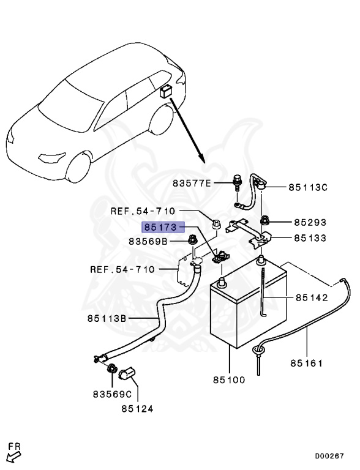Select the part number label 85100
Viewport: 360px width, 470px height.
pyautogui.click(x=228, y=379)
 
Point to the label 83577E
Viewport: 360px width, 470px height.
pyautogui.click(x=191, y=183)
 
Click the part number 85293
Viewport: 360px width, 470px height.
pyautogui.click(x=309, y=223)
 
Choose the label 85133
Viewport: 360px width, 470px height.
pyautogui.click(x=309, y=238)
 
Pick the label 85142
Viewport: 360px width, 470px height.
pyautogui.click(x=312, y=298)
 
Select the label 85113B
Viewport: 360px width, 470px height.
pyautogui.click(x=107, y=318)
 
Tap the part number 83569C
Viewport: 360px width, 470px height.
pyautogui.click(x=112, y=394)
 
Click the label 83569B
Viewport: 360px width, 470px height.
pyautogui.click(x=148, y=242)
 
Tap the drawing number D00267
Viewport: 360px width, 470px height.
pyautogui.click(x=330, y=456)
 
